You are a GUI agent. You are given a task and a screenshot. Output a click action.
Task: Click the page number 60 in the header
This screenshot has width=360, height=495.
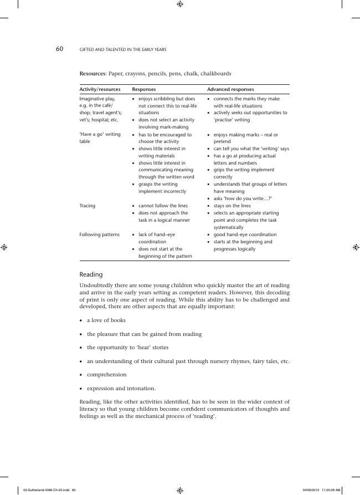coord(59,49)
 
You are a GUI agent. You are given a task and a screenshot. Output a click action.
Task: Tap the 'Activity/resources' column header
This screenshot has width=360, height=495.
coord(100,89)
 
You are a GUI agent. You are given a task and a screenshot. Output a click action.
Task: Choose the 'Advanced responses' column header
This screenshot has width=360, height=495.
coord(230,89)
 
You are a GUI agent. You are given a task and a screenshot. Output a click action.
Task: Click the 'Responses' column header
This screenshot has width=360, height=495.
coord(143,89)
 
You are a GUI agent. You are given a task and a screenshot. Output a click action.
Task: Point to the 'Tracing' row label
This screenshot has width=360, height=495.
coord(88,206)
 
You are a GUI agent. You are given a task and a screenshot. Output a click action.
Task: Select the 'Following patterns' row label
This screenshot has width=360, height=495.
coord(100,234)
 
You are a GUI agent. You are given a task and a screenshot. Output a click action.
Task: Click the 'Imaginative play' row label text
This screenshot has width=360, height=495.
coord(97,99)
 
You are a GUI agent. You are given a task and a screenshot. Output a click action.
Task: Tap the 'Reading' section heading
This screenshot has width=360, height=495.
coord(91,274)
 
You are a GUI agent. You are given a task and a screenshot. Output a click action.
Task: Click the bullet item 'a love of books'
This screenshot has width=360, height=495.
coord(106,320)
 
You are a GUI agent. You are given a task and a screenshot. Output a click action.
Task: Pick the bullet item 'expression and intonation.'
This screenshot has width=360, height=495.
coord(121,389)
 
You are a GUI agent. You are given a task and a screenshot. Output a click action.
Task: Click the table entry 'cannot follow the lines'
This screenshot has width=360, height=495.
coord(163,206)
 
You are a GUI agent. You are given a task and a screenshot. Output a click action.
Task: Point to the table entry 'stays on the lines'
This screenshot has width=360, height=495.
coord(232,206)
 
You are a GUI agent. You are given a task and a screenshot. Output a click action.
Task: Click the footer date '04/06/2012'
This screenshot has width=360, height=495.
coord(312,490)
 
